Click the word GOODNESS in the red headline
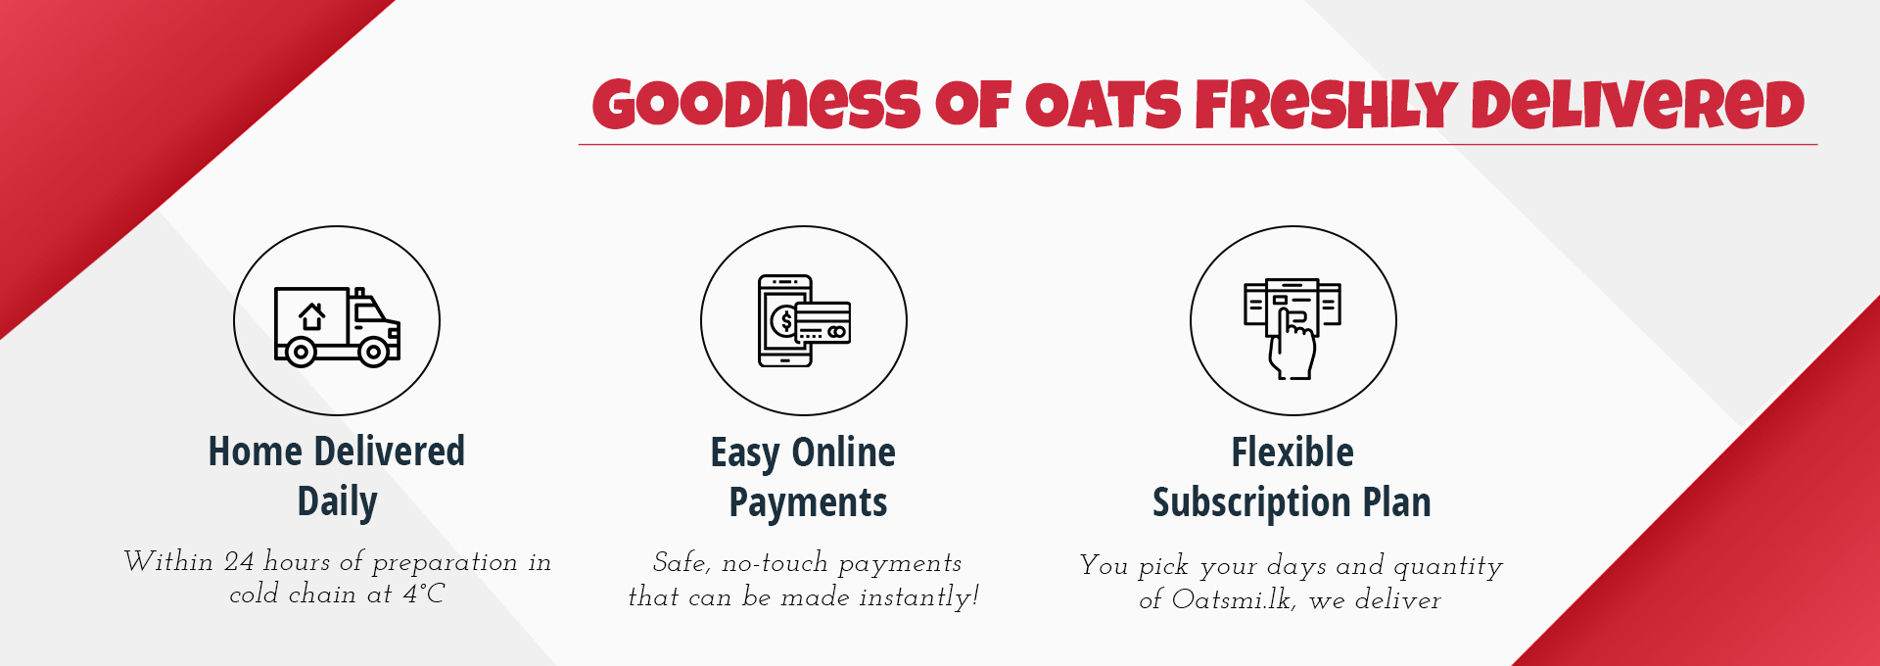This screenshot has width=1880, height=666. (756, 104)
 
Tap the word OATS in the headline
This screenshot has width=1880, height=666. (1104, 105)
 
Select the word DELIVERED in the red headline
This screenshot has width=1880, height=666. (1637, 104)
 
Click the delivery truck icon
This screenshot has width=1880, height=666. (337, 327)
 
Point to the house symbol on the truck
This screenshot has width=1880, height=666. (312, 316)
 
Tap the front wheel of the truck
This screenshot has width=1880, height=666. (373, 352)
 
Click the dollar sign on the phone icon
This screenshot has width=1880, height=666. (785, 320)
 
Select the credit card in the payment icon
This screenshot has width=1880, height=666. (822, 322)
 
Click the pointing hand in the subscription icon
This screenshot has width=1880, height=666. (1292, 344)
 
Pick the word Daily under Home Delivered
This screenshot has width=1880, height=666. (337, 501)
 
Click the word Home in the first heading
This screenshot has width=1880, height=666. (256, 452)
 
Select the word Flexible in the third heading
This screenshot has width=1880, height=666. (1292, 452)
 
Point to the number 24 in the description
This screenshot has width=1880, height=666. (239, 561)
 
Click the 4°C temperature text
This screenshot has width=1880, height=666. (424, 594)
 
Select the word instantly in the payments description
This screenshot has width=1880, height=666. (918, 597)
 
